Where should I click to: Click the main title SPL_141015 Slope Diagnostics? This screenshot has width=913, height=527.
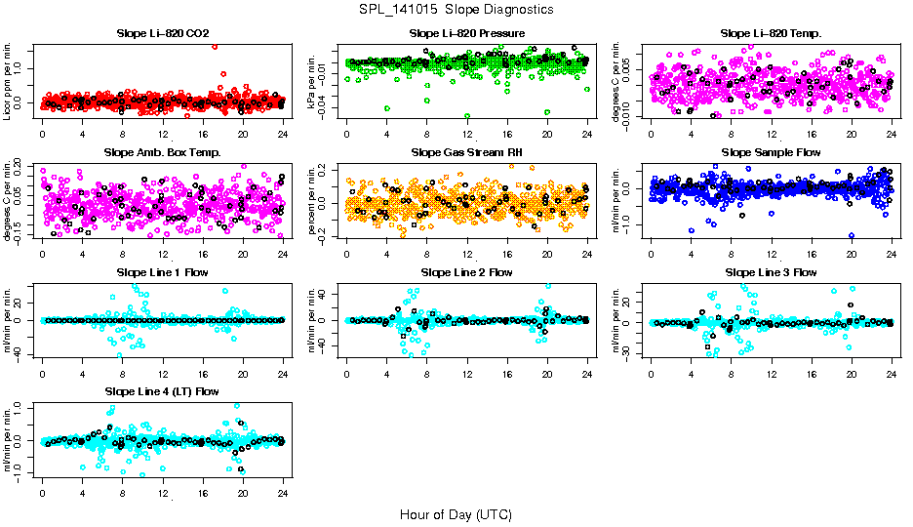tap(456, 9)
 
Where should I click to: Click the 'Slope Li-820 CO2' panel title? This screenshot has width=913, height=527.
tap(162, 34)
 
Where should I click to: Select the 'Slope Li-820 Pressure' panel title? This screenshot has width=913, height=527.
tap(466, 34)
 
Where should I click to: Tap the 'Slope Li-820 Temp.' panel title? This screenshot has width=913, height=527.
tap(771, 34)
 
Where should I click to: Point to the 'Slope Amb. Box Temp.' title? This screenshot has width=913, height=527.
tap(162, 153)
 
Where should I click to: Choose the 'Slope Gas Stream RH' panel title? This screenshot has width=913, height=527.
tap(466, 153)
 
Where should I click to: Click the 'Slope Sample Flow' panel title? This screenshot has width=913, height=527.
tap(771, 153)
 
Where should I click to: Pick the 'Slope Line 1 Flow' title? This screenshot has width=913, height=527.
tap(162, 272)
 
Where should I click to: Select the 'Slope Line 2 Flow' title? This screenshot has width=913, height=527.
tap(466, 272)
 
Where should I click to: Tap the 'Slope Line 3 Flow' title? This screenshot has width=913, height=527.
tap(771, 272)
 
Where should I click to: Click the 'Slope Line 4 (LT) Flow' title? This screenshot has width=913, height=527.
tap(162, 391)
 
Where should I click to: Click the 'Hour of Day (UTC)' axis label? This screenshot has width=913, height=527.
tap(456, 514)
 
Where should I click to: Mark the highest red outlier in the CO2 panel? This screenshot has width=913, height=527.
tap(215, 46)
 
